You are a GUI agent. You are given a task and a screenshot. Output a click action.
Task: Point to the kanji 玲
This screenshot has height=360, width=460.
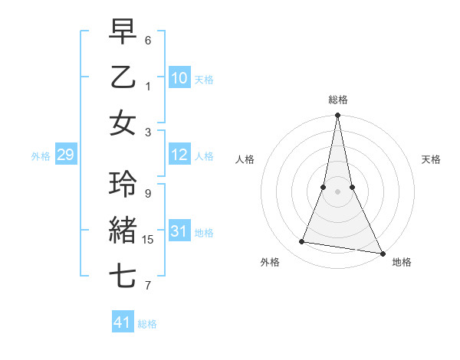click(123, 185)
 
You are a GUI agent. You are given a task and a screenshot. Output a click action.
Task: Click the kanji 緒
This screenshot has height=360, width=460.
click(123, 231)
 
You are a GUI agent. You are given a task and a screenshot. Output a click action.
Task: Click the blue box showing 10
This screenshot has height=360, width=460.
click(179, 77)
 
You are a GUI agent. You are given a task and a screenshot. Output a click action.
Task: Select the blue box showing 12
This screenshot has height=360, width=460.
click(179, 155)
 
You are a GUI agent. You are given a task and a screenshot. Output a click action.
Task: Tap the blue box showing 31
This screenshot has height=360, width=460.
click(179, 232)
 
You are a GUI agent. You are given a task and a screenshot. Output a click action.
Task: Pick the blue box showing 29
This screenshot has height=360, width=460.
click(65, 155)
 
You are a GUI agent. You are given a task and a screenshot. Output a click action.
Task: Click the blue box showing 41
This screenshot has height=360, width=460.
click(123, 322)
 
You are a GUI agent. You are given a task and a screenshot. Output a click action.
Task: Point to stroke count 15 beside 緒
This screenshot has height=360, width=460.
click(148, 240)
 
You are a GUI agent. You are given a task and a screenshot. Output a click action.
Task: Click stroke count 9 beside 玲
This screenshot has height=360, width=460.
click(148, 194)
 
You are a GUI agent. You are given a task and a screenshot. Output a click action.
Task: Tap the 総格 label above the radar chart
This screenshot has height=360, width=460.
click(338, 100)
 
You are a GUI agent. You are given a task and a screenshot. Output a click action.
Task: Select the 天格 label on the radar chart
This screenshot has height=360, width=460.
click(431, 159)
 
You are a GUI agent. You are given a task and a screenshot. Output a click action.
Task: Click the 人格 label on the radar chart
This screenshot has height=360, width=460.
click(245, 159)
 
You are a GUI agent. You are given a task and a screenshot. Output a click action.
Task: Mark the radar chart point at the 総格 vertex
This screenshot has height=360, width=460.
click(337, 116)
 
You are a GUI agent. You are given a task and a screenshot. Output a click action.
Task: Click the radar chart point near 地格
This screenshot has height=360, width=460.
click(382, 253)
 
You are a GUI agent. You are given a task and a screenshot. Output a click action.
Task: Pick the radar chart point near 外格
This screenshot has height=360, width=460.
click(302, 242)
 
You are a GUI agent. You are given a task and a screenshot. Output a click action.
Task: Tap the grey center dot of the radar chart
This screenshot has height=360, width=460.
click(337, 191)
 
